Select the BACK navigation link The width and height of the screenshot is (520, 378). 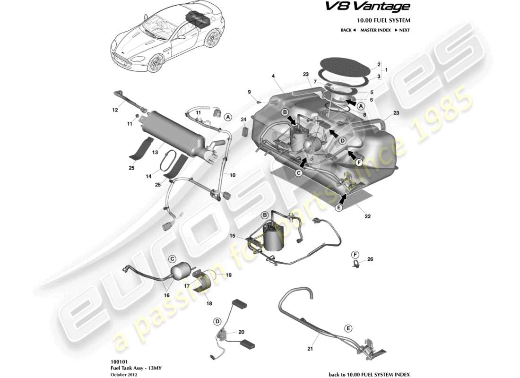(x=347, y=30)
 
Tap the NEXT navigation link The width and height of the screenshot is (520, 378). (x=401, y=30)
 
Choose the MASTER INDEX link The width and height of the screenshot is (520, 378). (x=375, y=30)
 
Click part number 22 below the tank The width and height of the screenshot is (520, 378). (x=367, y=217)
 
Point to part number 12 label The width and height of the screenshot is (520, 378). (x=115, y=111)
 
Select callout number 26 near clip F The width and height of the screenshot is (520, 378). (x=370, y=259)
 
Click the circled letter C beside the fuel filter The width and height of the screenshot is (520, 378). (x=173, y=258)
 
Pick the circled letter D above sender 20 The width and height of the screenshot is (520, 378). (x=217, y=322)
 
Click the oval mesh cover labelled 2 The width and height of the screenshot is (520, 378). (x=344, y=63)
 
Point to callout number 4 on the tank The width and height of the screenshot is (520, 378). (x=273, y=76)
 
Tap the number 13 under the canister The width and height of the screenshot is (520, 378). (x=154, y=152)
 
